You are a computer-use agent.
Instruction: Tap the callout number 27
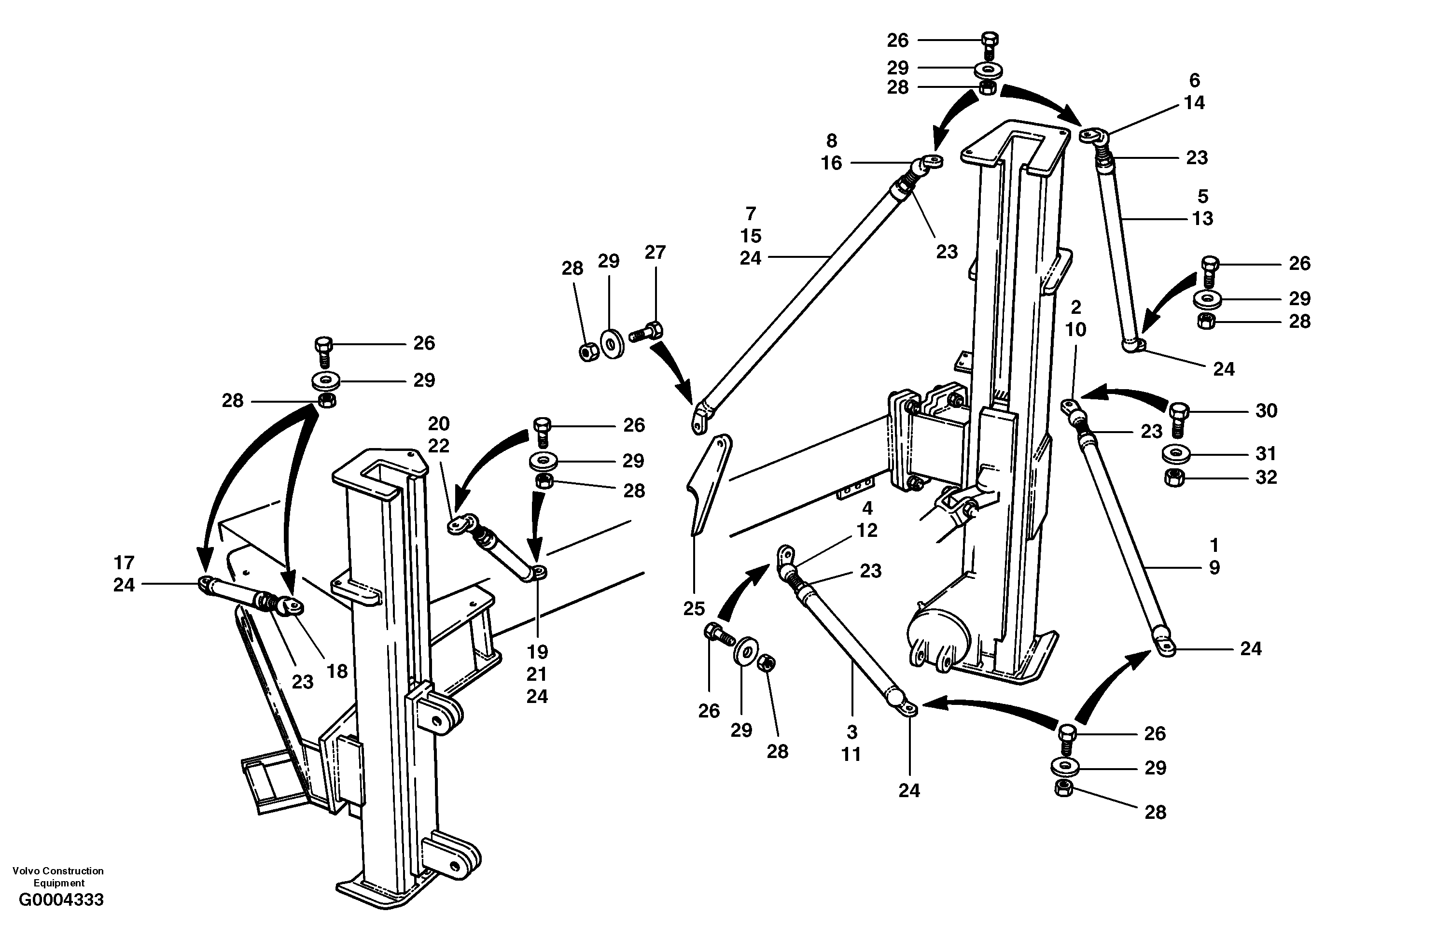tap(655, 252)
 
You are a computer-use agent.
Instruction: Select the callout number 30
tap(1266, 411)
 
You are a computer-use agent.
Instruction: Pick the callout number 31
tap(1266, 453)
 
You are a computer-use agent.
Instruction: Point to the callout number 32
tap(1266, 477)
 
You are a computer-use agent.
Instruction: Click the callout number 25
tap(694, 608)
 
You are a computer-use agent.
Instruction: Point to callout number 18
tap(337, 671)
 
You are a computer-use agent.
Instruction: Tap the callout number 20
tap(439, 423)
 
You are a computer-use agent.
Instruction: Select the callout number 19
tap(537, 652)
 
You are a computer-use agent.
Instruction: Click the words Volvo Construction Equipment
tap(58, 876)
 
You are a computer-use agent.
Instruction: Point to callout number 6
tap(1194, 80)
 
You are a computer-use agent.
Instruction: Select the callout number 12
tap(867, 530)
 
